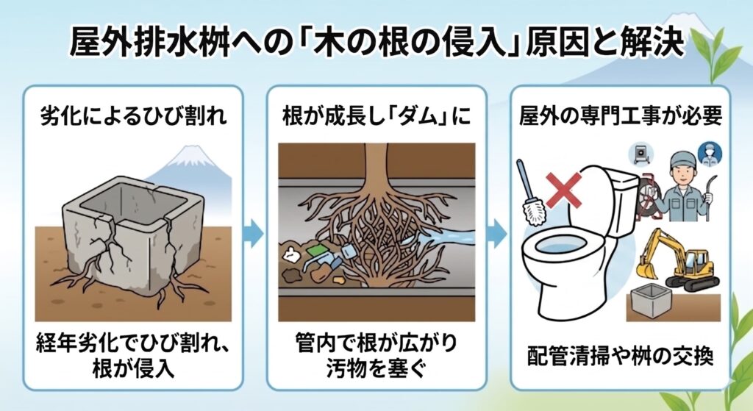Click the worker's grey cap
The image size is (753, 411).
(x=683, y=158)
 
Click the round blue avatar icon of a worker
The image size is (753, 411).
(x=710, y=154)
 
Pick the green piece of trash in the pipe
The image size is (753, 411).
(x=316, y=251)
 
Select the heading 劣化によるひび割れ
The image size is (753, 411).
(x=132, y=115)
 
